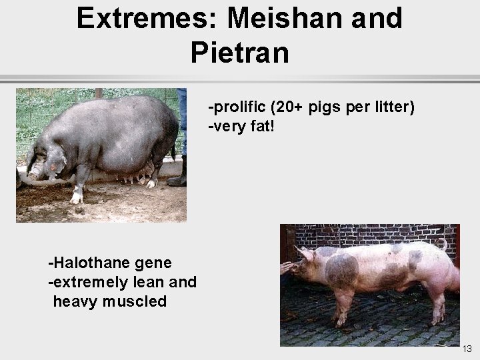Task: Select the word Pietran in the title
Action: pos(240,52)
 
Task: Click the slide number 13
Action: pos(467,349)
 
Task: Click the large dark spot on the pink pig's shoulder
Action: pos(341,270)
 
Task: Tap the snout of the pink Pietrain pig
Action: pos(285,268)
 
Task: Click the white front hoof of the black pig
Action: pos(76,197)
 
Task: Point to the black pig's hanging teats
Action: pos(133,177)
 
